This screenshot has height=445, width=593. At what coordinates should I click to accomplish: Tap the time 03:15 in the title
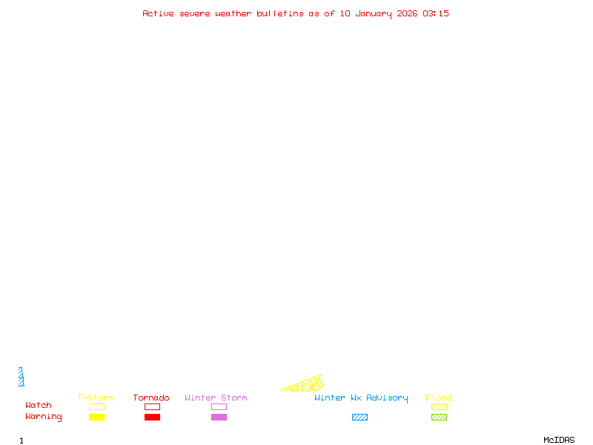click(x=436, y=13)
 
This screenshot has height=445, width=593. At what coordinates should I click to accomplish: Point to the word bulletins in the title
click(x=280, y=13)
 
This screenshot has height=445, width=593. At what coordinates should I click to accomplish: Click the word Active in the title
click(x=159, y=13)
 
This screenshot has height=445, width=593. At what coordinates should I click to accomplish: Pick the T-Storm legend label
click(x=96, y=398)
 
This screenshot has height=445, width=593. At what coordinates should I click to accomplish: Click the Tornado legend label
click(x=151, y=398)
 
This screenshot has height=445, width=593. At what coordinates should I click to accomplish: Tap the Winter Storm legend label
click(x=216, y=398)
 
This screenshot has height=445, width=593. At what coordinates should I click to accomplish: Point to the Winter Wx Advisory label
click(x=361, y=398)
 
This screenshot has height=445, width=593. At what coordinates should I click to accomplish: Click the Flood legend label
click(x=439, y=398)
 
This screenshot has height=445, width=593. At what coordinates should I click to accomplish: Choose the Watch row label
click(x=39, y=406)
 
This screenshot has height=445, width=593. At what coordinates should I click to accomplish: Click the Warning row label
click(x=44, y=417)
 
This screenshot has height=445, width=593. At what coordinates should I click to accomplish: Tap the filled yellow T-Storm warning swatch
click(x=96, y=418)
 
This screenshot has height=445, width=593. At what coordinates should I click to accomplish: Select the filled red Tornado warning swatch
click(x=152, y=418)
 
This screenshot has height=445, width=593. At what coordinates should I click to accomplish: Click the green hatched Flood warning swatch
click(x=439, y=418)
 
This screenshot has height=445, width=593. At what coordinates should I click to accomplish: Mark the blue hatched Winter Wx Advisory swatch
click(x=360, y=418)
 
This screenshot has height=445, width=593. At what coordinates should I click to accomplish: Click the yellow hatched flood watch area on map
click(x=307, y=385)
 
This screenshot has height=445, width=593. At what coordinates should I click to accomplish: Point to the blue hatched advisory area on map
click(x=21, y=378)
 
